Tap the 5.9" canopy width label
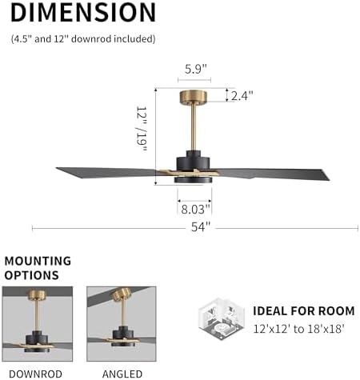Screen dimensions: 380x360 click(x=194, y=69)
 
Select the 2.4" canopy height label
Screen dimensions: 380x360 click(x=242, y=95)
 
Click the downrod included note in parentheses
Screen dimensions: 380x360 click(x=83, y=38)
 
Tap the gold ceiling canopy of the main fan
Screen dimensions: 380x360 click(x=194, y=96)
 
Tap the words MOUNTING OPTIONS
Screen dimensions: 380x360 click(x=38, y=267)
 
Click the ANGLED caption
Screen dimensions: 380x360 click(x=122, y=373)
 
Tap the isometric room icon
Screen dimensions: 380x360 click(x=218, y=318)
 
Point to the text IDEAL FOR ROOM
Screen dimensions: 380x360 click(x=303, y=310)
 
